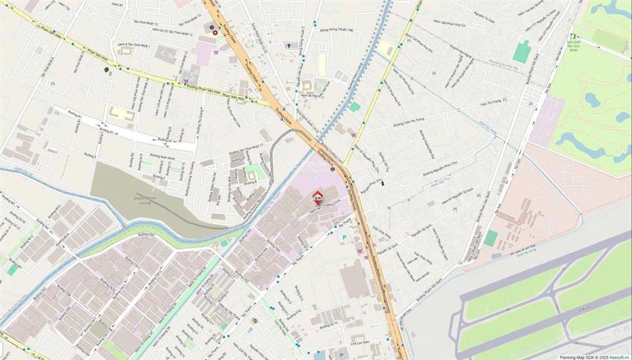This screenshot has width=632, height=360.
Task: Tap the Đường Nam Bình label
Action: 164,158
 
